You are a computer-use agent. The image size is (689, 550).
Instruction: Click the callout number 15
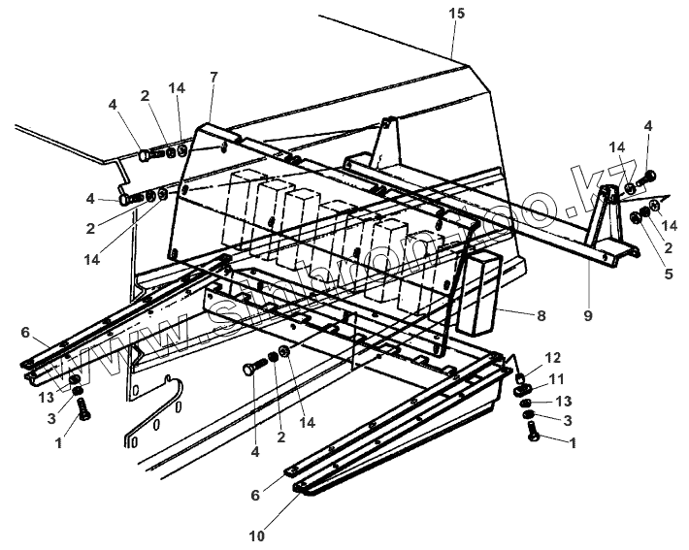click(x=457, y=14)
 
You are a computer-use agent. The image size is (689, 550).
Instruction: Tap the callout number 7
click(x=213, y=78)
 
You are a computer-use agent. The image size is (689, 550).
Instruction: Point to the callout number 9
click(x=588, y=315)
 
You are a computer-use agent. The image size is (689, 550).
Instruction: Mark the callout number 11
click(x=556, y=378)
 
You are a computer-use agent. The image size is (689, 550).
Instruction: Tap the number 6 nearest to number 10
click(x=256, y=494)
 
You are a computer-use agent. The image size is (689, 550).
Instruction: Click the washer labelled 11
click(x=524, y=390)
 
